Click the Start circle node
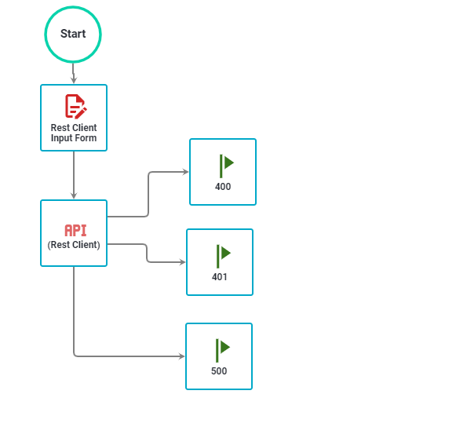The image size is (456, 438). [73, 35]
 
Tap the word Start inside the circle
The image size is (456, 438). [73, 34]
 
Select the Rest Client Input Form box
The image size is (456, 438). [74, 118]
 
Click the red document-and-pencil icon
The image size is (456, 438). [75, 105]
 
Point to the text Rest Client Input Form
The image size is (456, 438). [74, 133]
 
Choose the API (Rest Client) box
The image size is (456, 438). [74, 233]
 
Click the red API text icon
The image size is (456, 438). [75, 230]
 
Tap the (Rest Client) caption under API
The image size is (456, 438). [74, 245]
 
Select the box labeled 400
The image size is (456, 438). [223, 172]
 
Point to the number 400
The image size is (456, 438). [223, 187]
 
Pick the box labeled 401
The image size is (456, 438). [220, 262]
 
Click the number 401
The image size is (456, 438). [220, 277]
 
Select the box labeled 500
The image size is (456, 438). [219, 356]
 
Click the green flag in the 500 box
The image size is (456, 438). [222, 349]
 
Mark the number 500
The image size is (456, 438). [219, 371]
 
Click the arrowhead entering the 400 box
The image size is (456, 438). [185, 172]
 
